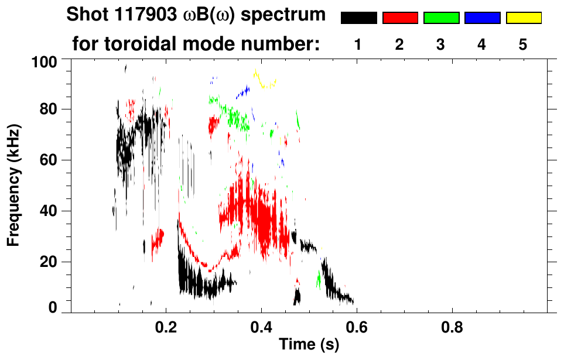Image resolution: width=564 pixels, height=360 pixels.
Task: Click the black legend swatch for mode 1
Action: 358,18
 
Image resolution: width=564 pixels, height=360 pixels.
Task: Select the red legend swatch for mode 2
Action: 400,18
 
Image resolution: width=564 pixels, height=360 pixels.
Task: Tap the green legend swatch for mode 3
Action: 441,18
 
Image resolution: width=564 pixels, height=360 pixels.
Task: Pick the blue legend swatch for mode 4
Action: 482,18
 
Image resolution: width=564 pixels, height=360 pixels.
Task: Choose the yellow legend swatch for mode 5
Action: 523,18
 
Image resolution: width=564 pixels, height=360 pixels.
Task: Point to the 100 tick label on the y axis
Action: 45,61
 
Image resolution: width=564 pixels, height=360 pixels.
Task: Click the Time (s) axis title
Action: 309,345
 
